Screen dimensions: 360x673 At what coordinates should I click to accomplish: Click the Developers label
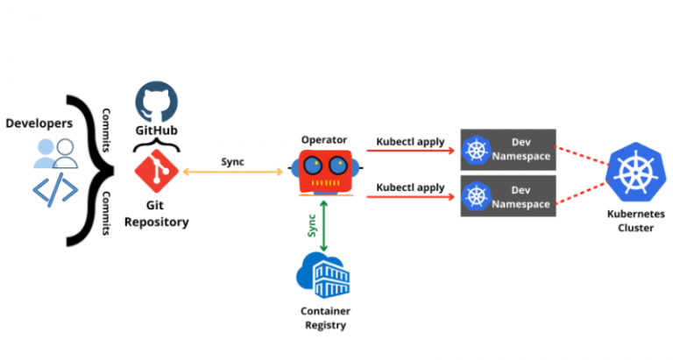(40, 124)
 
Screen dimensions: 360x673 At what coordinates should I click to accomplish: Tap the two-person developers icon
(53, 154)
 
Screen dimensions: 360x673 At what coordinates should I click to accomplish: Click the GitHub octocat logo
(155, 102)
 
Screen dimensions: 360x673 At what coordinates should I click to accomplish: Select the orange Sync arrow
(231, 170)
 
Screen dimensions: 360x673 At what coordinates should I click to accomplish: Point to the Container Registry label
(324, 319)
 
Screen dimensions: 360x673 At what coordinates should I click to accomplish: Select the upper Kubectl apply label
(411, 141)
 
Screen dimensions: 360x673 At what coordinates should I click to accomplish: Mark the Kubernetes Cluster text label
(635, 221)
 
